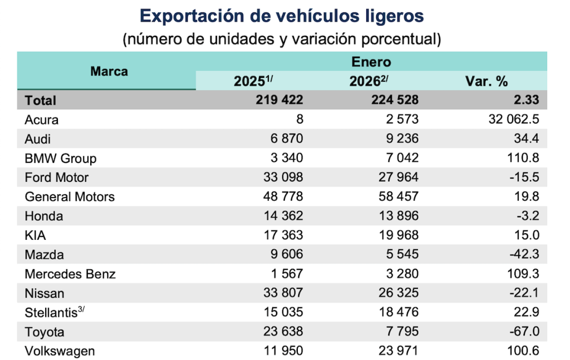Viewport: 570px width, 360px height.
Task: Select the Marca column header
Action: [x=109, y=71]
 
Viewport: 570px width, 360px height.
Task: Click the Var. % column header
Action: [x=487, y=81]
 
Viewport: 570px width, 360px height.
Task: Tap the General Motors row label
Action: [x=70, y=196]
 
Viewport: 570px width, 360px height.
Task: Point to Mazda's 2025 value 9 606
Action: [x=285, y=255]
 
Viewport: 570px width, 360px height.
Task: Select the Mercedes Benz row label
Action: [x=70, y=274]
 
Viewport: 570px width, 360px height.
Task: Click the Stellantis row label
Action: [x=52, y=312]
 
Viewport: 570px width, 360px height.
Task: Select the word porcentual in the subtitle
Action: [x=392, y=40]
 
